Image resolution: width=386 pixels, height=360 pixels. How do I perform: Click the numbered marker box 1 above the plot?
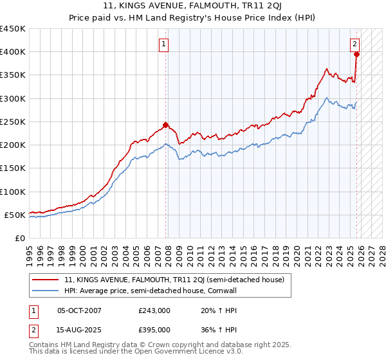coord(165,44)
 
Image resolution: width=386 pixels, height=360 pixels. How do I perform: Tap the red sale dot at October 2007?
coord(165,125)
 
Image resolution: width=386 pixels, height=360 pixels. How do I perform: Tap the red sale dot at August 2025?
coord(356,54)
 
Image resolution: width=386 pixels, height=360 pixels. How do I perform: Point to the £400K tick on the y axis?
coord(13,52)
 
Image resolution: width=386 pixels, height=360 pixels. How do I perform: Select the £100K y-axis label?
coord(13,192)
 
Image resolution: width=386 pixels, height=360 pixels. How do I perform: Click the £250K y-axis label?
coord(13,122)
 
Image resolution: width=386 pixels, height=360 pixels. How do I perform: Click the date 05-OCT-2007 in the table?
coord(79,310)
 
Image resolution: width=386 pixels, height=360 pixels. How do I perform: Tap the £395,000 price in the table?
coord(154,330)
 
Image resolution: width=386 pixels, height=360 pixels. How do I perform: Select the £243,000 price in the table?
coord(154,310)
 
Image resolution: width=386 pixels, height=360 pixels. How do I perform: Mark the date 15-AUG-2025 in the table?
coord(79,330)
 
